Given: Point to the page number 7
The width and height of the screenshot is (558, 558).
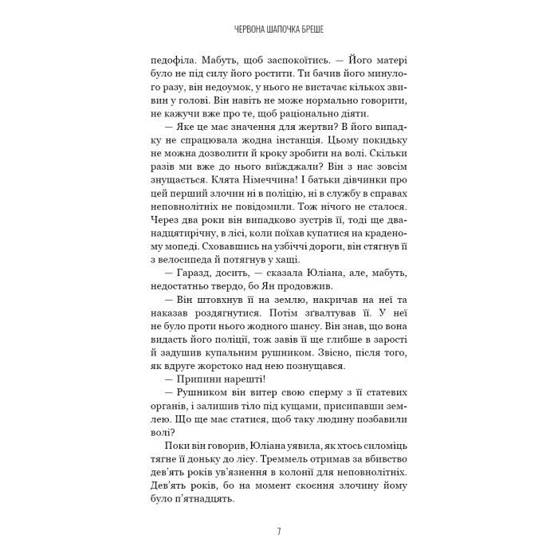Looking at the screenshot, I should pyautogui.click(x=278, y=530).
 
